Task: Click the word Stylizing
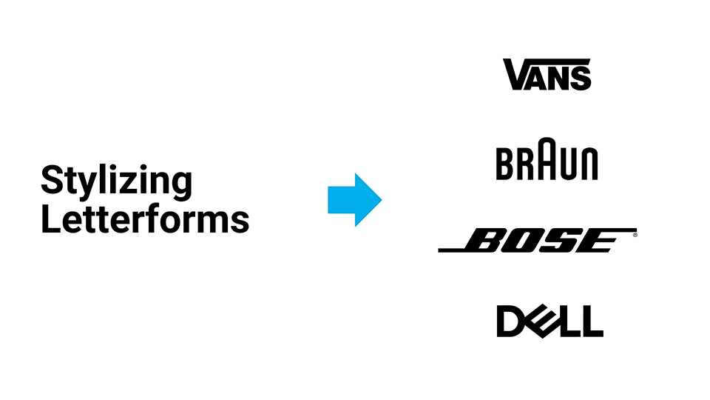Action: tap(116, 181)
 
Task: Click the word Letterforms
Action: tap(145, 219)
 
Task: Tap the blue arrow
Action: tap(354, 200)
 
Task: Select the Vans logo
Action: tap(547, 74)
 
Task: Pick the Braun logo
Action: tap(547, 159)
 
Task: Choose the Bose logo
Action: tap(538, 240)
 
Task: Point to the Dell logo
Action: tap(550, 321)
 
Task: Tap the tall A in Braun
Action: tap(547, 159)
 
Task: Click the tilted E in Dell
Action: tap(544, 321)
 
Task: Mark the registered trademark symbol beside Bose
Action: tap(635, 235)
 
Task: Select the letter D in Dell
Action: tap(512, 321)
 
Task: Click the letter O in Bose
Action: tap(519, 240)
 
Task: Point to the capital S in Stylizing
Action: tap(52, 180)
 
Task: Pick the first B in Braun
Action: tap(505, 163)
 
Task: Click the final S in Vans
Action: tap(581, 79)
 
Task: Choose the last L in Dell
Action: tap(592, 321)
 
